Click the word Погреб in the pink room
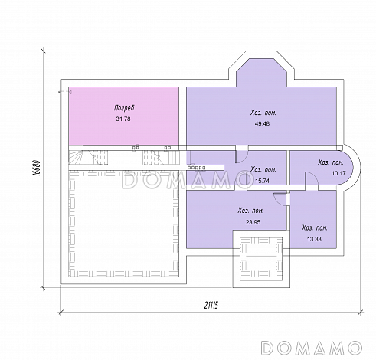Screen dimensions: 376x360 point(124,108)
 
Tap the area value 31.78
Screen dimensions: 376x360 point(123,119)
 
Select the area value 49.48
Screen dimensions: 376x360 point(262,123)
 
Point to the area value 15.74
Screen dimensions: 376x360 point(262,181)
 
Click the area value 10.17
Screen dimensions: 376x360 point(338,173)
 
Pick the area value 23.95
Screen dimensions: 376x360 point(253,222)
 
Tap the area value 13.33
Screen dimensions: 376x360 point(314,239)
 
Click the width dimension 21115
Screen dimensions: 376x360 point(211,305)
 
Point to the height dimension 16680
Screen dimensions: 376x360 point(37,168)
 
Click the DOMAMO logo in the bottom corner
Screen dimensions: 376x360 point(312,348)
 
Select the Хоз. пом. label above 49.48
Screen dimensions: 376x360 point(263,113)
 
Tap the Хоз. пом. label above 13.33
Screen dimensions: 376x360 point(315,227)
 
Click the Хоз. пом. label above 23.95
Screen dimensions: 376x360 point(251,211)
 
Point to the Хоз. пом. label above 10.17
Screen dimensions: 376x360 point(331,162)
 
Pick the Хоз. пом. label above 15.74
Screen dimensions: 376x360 point(263,169)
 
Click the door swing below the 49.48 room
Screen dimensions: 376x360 point(241,155)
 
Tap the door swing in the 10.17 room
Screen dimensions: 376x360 point(312,178)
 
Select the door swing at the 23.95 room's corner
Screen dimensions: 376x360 point(280,198)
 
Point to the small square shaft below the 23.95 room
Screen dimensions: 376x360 point(261,259)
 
